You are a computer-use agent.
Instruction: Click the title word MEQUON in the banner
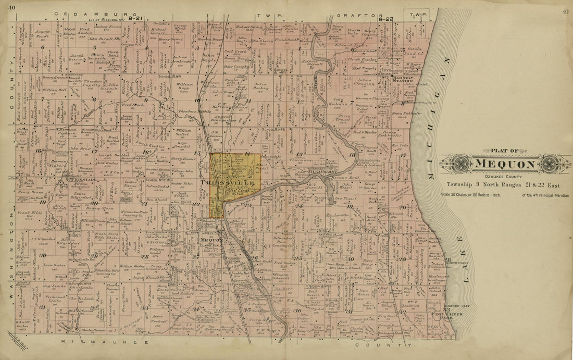[505, 165]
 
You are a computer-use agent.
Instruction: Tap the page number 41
[566, 11]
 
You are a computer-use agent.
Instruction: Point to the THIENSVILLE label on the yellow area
[231, 183]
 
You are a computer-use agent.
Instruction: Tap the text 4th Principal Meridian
[544, 195]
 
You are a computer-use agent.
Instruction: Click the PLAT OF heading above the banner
[504, 151]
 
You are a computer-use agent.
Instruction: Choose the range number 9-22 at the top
[386, 18]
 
